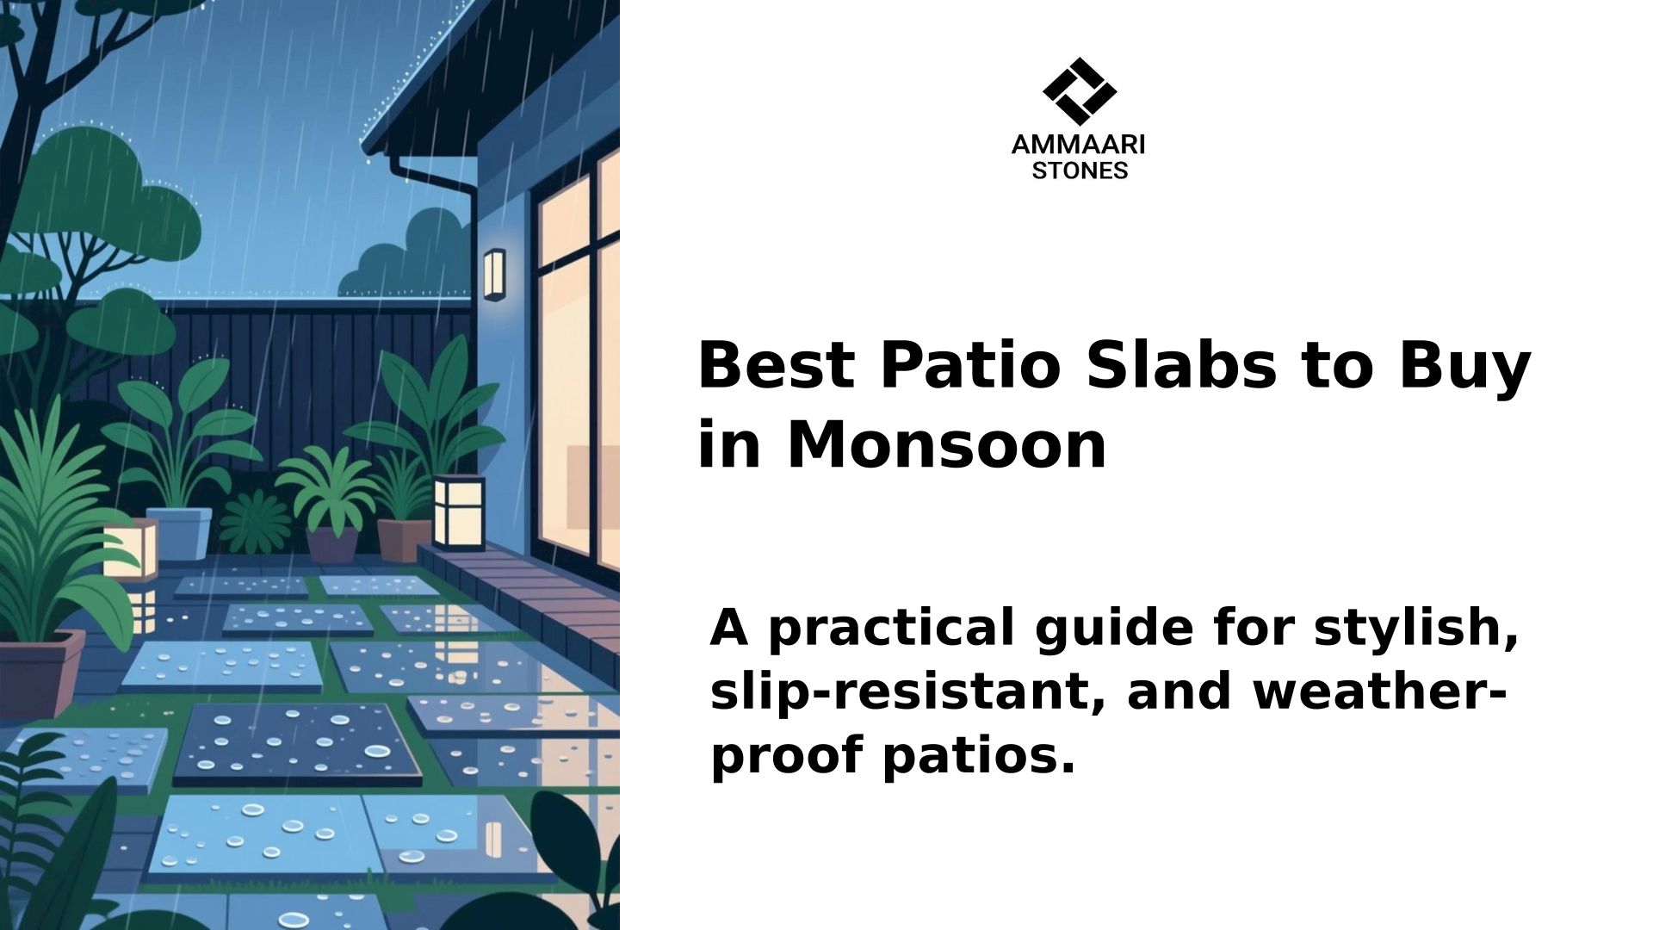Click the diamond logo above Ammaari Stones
(x=1079, y=91)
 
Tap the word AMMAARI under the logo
(x=1079, y=145)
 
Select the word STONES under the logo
(x=1080, y=170)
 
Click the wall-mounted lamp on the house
(x=493, y=275)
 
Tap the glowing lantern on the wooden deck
(x=458, y=512)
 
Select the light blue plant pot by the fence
(x=179, y=534)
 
